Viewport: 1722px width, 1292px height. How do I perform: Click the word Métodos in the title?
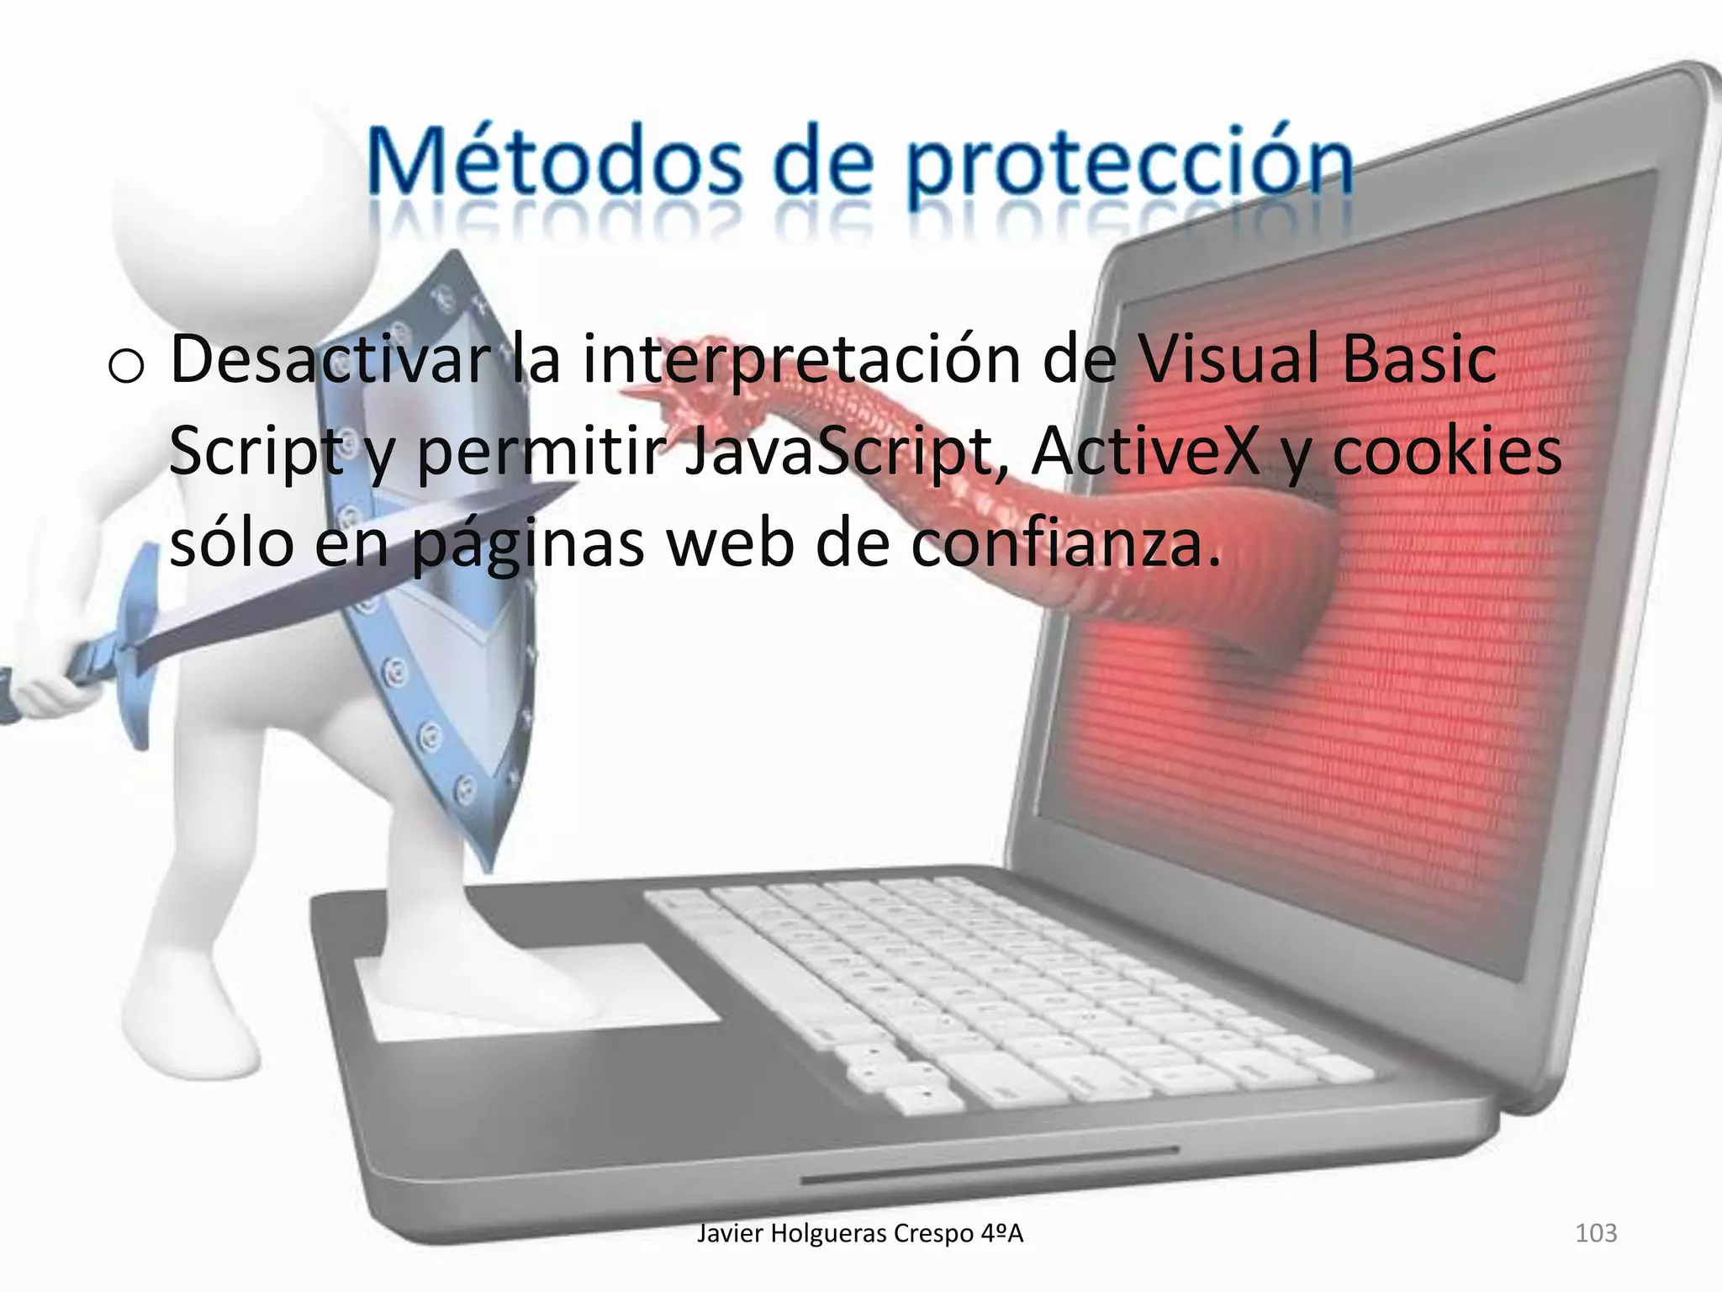pyautogui.click(x=555, y=161)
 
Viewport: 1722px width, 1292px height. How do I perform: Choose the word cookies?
pyautogui.click(x=1446, y=451)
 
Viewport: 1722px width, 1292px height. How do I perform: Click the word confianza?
pyautogui.click(x=1064, y=543)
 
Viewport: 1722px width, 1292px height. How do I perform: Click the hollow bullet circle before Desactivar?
pyautogui.click(x=126, y=367)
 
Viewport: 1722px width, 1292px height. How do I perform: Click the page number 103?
pyautogui.click(x=1595, y=1233)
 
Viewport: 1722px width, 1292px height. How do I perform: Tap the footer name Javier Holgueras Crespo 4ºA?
pyautogui.click(x=860, y=1233)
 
